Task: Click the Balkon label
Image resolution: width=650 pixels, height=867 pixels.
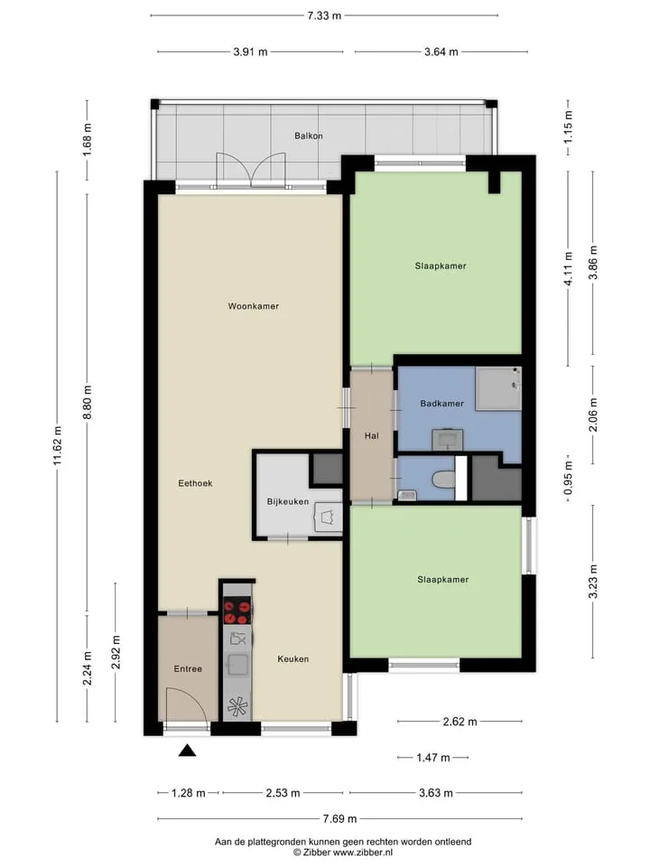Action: click(309, 135)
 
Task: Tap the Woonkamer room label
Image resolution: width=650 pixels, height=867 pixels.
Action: click(254, 306)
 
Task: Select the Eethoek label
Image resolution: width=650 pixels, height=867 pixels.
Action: click(195, 482)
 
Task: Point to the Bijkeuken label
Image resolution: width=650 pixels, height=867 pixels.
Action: click(288, 501)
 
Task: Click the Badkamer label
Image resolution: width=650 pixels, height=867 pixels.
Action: click(442, 403)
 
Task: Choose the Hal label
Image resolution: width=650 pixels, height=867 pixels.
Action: click(371, 435)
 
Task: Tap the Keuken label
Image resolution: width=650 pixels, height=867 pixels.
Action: click(292, 658)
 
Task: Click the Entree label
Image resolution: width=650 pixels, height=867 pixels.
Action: click(188, 668)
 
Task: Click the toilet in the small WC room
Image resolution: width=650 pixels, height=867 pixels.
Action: click(443, 479)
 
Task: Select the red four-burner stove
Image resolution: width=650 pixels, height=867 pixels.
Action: click(237, 611)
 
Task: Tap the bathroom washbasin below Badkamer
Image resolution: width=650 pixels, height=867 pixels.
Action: click(447, 440)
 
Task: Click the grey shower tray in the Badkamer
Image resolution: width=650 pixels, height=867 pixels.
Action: click(498, 388)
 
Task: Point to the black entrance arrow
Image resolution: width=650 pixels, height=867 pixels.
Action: click(188, 750)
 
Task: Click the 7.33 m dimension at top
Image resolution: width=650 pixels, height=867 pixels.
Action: click(324, 15)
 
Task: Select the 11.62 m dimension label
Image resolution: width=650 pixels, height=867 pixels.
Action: click(58, 445)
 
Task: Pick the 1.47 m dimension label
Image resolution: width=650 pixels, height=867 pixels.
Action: click(432, 758)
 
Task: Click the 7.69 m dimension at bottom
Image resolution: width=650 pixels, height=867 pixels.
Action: click(339, 818)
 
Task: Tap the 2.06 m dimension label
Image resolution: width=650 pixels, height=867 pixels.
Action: click(593, 415)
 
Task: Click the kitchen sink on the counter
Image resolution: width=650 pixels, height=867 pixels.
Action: click(237, 664)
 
